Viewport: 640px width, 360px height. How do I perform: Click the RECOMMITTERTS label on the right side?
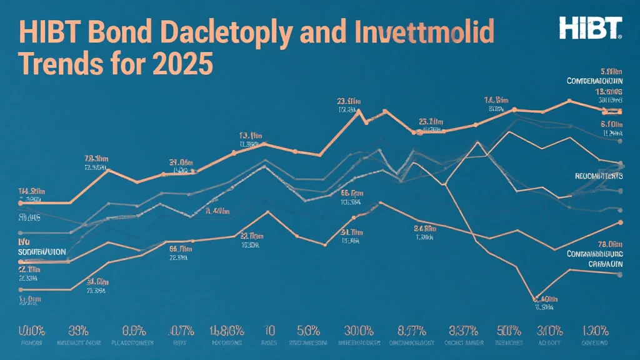(x=599, y=177)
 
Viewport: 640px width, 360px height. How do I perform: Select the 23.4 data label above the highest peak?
(x=348, y=100)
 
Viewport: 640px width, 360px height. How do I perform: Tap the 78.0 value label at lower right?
(x=611, y=244)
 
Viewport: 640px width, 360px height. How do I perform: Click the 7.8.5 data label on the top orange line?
(x=97, y=157)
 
